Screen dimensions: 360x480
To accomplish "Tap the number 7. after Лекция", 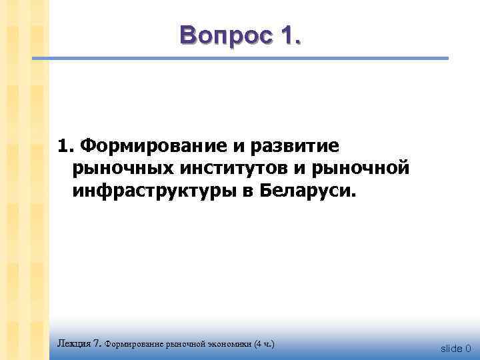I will pos(97,344).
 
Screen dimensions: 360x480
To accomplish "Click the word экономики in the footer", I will pos(227,344).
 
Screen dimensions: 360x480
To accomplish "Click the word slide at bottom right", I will pos(451,348).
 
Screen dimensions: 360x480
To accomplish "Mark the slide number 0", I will pos(469,348).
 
